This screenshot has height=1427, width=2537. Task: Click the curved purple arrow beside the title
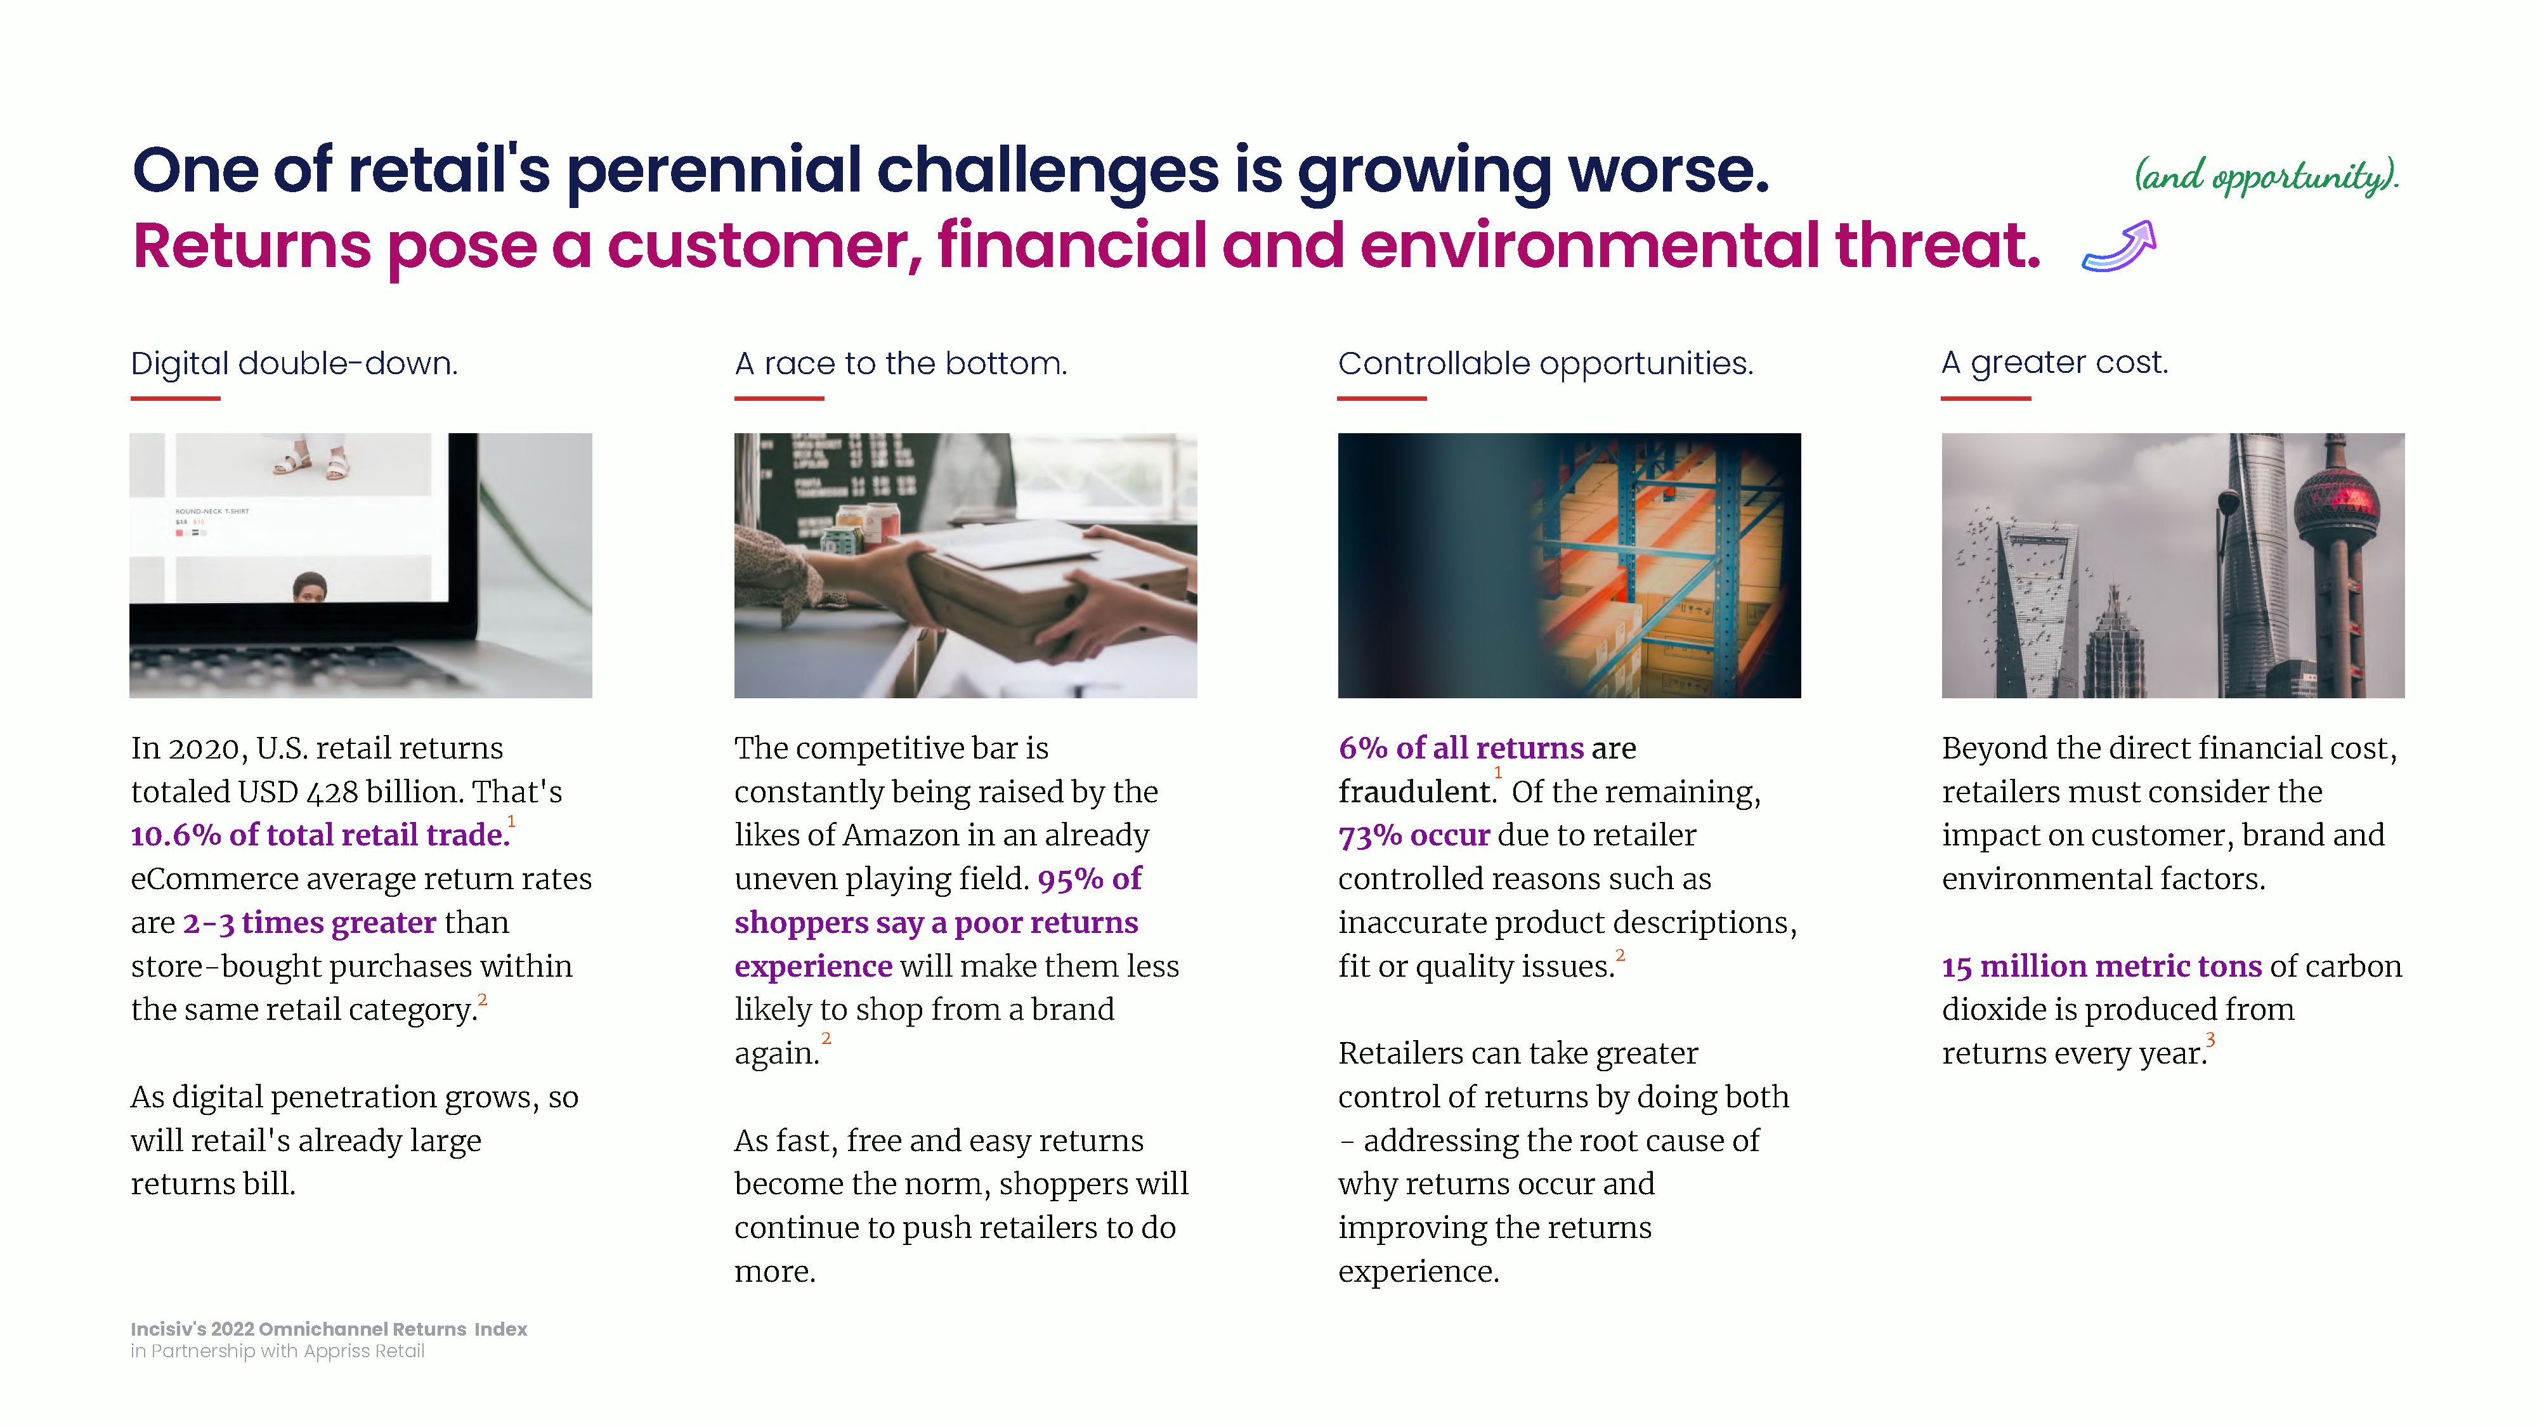click(x=2120, y=248)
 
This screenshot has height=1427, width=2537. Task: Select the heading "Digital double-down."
click(x=294, y=363)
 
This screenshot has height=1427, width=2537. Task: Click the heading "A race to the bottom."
click(x=900, y=363)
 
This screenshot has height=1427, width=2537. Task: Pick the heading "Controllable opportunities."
click(x=1545, y=363)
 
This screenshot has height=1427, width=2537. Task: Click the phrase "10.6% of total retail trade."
click(x=321, y=835)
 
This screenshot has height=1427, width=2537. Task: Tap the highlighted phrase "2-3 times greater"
click(x=310, y=923)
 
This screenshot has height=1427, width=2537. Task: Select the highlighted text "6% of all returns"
click(x=1461, y=748)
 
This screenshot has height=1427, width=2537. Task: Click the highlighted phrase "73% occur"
click(x=1414, y=835)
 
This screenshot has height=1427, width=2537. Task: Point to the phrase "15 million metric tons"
click(x=2102, y=966)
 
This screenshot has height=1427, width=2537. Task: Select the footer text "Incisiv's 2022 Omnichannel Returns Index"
click(x=329, y=1329)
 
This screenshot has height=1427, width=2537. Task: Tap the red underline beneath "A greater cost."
click(x=1985, y=398)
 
